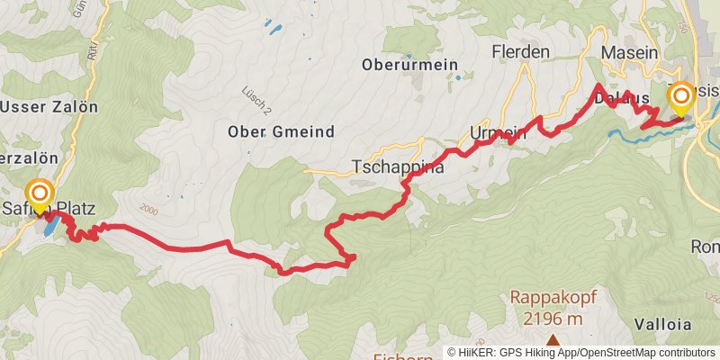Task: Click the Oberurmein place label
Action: [x=409, y=65]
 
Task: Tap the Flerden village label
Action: [x=521, y=52]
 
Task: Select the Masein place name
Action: [x=630, y=53]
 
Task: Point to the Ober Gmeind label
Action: [x=282, y=132]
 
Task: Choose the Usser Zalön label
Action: [x=49, y=107]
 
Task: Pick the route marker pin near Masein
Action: [x=680, y=99]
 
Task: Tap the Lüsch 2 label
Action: [x=256, y=100]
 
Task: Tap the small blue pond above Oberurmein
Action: [x=273, y=29]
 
